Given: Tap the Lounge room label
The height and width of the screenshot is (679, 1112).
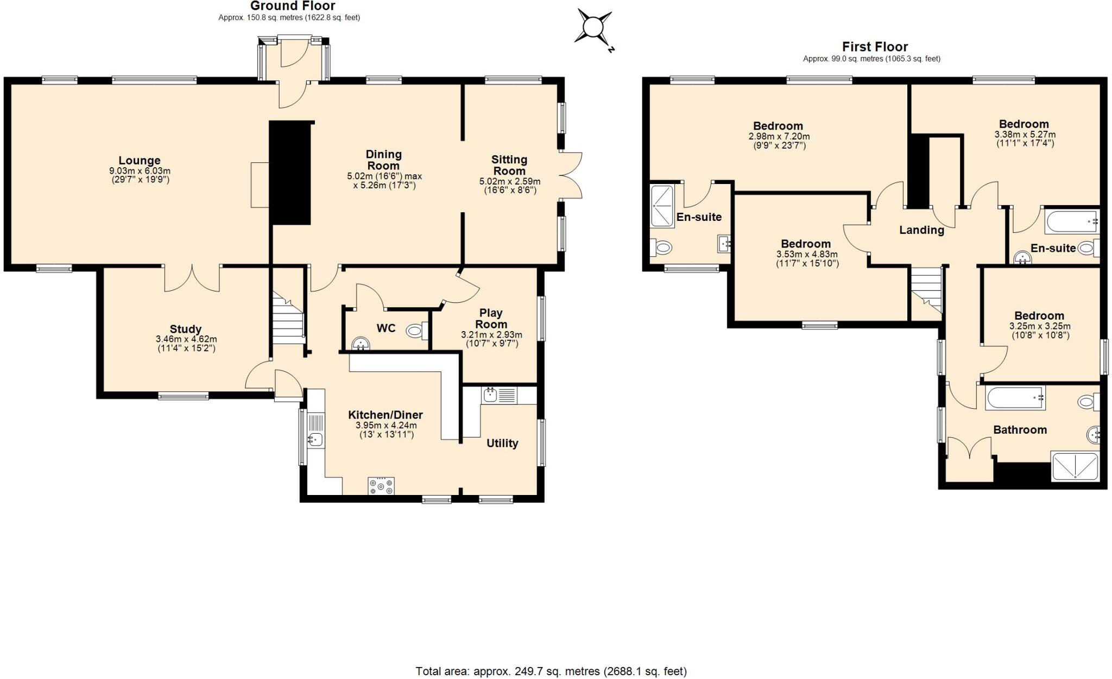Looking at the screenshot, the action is pyautogui.click(x=140, y=161).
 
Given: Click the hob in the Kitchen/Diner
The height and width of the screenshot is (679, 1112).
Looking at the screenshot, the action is pyautogui.click(x=381, y=486).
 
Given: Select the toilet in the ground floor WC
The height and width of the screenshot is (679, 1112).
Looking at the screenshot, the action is pyautogui.click(x=417, y=331).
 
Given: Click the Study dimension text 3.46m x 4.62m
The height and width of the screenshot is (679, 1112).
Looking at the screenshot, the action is pyautogui.click(x=186, y=339).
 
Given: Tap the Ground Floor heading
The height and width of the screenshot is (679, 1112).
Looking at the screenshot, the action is pyautogui.click(x=293, y=6).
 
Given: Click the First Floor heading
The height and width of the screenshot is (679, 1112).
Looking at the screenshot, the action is pyautogui.click(x=875, y=47).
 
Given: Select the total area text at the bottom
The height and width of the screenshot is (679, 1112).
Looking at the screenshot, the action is pyautogui.click(x=551, y=671).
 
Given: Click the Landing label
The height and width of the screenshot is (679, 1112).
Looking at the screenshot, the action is pyautogui.click(x=921, y=230).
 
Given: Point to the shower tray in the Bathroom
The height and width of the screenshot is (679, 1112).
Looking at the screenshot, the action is pyautogui.click(x=1075, y=466).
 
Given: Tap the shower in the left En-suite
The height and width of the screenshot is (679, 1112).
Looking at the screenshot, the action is pyautogui.click(x=662, y=206).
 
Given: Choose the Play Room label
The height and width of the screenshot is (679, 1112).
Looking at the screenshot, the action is pyautogui.click(x=491, y=319).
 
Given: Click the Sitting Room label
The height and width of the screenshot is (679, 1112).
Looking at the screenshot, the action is pyautogui.click(x=509, y=165).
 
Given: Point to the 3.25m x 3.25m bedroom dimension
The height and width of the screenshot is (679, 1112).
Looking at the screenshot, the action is pyautogui.click(x=1040, y=326).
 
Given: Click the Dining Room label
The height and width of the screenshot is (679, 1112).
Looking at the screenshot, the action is pyautogui.click(x=383, y=160).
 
